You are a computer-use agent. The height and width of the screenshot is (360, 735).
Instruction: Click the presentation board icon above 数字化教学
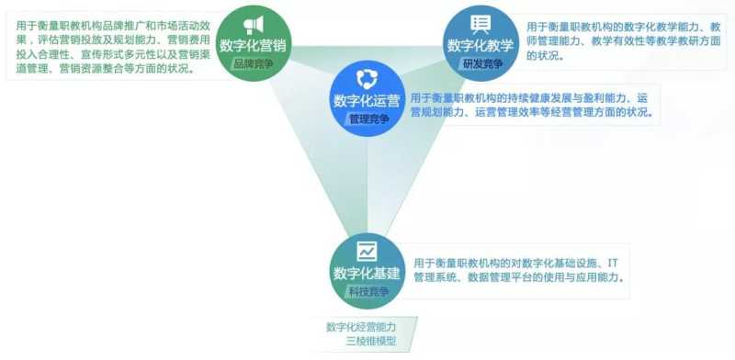[x=480, y=25]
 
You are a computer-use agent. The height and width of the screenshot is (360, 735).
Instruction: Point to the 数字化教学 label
[x=480, y=46]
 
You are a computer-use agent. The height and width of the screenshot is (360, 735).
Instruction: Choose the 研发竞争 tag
[x=480, y=63]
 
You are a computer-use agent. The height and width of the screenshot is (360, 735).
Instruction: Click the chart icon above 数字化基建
[x=367, y=250]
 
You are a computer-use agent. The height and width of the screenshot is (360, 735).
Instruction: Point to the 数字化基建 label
[x=367, y=273]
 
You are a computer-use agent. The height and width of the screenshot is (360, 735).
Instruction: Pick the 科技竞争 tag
[x=367, y=291]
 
